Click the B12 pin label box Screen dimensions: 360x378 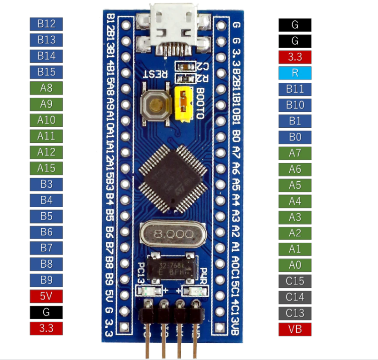[x=46, y=24]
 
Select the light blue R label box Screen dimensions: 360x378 [x=295, y=73]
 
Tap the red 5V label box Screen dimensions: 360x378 [x=46, y=296]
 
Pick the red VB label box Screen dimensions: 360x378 [x=295, y=330]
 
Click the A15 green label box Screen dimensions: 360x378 [x=46, y=168]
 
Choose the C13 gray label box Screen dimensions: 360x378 [x=295, y=313]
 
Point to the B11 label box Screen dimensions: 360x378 [x=295, y=89]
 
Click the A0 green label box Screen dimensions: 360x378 [x=295, y=265]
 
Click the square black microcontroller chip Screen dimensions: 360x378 [x=173, y=178]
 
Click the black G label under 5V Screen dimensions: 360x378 [x=46, y=312]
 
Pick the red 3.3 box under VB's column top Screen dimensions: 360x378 [x=295, y=57]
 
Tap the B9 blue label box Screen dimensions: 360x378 [x=46, y=280]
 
